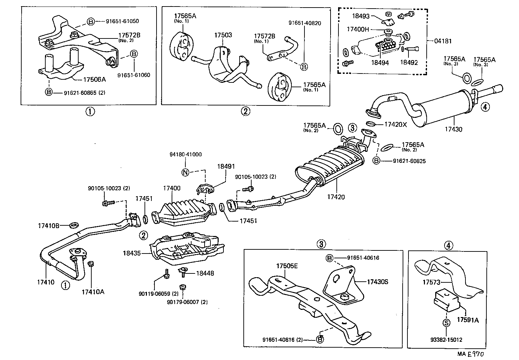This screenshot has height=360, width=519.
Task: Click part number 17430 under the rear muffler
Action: point(453,129)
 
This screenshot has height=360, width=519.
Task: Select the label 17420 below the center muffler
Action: point(336,197)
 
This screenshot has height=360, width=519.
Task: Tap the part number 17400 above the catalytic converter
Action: point(172,188)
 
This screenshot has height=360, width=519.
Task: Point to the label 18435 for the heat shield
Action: point(131,253)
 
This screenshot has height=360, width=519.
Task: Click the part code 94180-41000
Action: point(185,155)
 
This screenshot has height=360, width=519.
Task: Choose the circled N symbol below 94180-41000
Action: point(185,172)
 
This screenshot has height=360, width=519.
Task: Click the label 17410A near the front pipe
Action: point(93,292)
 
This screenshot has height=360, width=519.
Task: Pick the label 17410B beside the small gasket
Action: point(48,226)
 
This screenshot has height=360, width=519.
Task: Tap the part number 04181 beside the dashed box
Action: point(443,41)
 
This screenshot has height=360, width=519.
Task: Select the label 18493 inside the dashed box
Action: point(360,15)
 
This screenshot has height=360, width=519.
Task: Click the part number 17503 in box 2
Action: point(223,35)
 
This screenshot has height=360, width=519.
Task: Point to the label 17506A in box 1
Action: point(94,79)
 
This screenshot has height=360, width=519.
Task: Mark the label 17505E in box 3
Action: point(287,266)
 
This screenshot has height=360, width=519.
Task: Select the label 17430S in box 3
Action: point(377,282)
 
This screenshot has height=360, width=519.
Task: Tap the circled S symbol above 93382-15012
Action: point(446,323)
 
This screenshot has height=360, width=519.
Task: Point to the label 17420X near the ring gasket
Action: point(395,124)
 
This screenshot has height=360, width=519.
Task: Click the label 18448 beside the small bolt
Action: point(205,273)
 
